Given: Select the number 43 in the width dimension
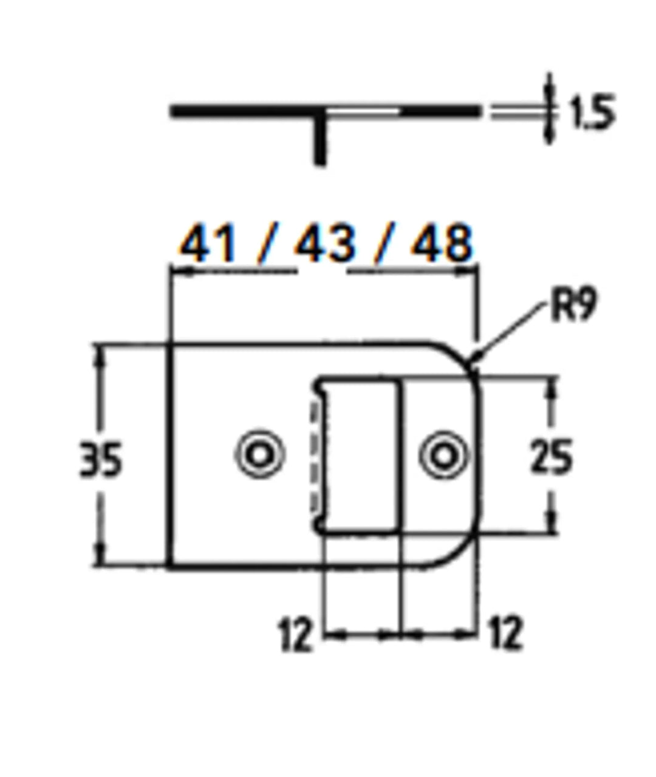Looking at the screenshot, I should pyautogui.click(x=324, y=244).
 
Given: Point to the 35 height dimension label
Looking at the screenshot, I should pyautogui.click(x=101, y=459).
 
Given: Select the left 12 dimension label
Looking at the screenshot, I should pyautogui.click(x=296, y=634).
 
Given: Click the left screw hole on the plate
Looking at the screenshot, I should pyautogui.click(x=260, y=454).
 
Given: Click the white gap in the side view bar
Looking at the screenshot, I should pyautogui.click(x=363, y=112).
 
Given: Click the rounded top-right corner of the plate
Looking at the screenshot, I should pyautogui.click(x=465, y=358).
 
